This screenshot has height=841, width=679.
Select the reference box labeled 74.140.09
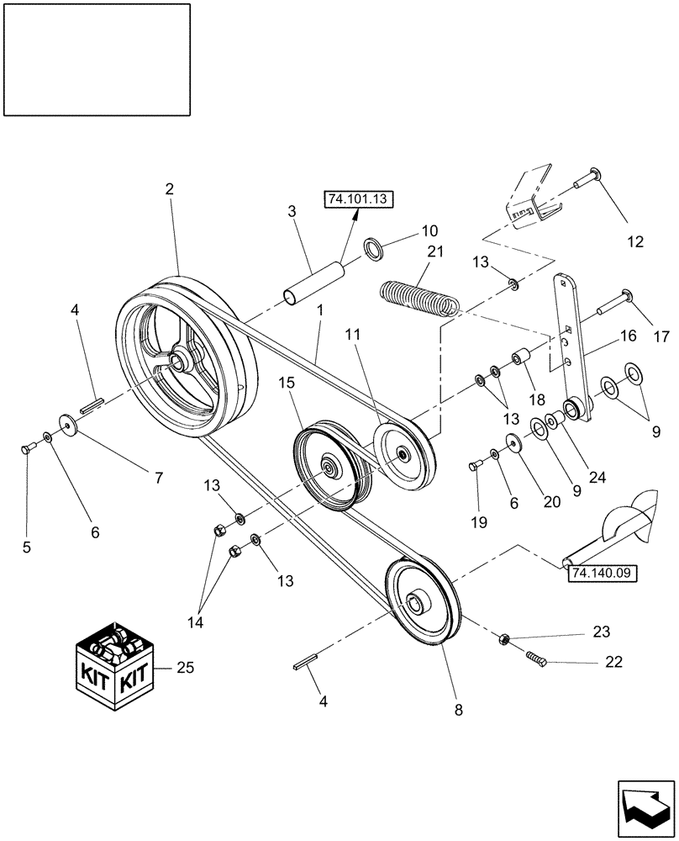coord(603,574)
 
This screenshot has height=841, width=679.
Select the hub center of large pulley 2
coord(179,362)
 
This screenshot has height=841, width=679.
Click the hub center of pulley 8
coord(415,604)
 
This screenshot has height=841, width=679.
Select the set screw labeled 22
coord(538,659)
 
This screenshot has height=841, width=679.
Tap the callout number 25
coord(187,667)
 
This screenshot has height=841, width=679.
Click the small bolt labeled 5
coord(26,448)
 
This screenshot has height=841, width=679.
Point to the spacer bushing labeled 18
coord(520,359)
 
